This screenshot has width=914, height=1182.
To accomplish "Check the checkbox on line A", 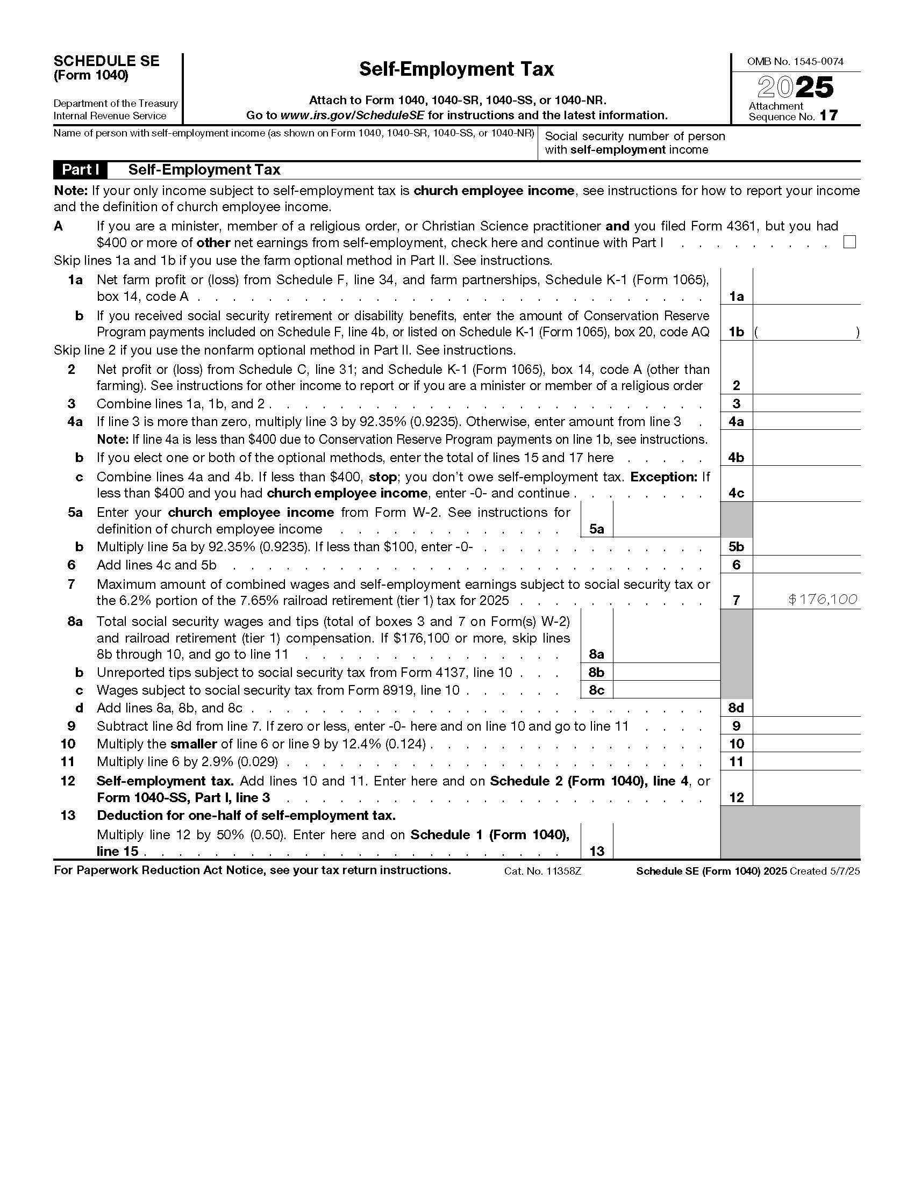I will click(849, 242).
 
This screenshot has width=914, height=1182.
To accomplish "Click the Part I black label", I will click(80, 170).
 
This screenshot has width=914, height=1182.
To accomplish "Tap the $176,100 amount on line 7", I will click(823, 599).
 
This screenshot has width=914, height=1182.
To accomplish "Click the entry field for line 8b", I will click(666, 672).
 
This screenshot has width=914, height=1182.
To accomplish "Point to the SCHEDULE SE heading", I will click(106, 61).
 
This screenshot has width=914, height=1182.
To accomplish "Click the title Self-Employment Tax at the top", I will click(456, 69).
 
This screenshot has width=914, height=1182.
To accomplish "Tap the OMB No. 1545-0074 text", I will click(795, 62).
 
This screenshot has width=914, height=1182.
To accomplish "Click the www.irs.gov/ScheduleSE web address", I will click(353, 116).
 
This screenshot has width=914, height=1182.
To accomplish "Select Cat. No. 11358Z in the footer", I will click(542, 871).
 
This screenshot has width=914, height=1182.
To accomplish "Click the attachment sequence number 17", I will click(829, 116).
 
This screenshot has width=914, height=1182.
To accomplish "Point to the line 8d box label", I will click(736, 708).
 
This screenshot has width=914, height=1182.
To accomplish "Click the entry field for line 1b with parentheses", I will click(806, 331).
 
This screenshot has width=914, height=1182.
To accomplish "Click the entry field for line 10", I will click(806, 744).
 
